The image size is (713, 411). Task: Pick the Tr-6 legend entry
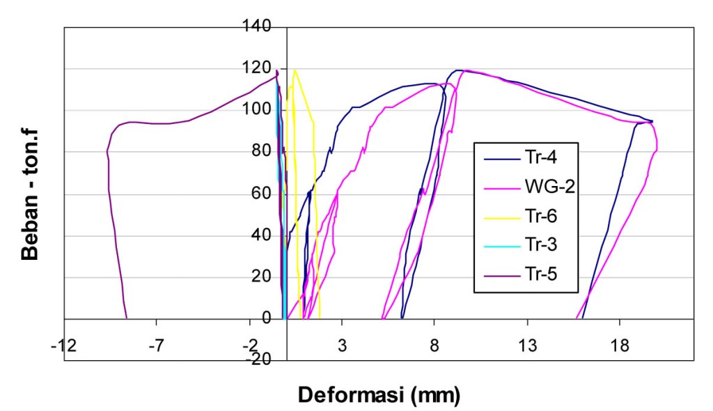[540, 218]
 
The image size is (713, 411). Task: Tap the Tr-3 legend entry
[540, 249]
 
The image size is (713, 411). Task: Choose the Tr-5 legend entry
[540, 279]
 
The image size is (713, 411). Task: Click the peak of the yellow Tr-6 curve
[295, 70]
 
